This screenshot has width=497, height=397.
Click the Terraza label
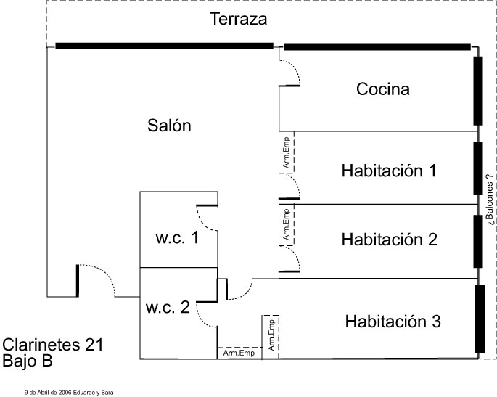click(239, 20)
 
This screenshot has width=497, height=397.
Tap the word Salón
click(169, 126)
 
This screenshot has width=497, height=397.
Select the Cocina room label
click(383, 89)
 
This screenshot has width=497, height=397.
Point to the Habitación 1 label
click(389, 171)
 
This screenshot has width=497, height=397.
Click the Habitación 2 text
click(390, 239)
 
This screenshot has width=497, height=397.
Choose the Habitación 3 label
click(393, 320)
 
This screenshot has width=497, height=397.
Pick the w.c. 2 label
click(168, 307)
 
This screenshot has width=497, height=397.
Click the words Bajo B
click(28, 360)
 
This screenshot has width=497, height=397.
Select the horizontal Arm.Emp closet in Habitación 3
click(239, 353)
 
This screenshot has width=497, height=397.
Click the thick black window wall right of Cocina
click(478, 90)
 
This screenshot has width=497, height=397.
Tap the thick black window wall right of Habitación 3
click(480, 319)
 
